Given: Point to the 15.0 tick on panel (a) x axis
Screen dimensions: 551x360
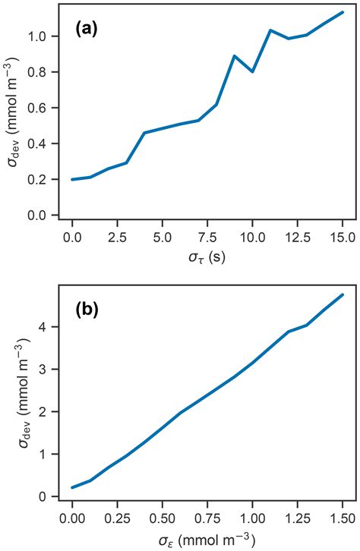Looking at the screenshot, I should click(343, 237).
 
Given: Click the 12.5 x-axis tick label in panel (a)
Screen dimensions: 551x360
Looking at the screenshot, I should click(297, 237).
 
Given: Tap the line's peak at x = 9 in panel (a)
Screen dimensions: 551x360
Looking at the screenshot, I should click(235, 56).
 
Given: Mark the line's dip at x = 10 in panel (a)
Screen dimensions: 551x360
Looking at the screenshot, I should click(253, 71).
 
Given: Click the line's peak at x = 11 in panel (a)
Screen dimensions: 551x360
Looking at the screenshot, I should click(270, 30).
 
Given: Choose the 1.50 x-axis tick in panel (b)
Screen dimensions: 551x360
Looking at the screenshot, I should click(343, 518).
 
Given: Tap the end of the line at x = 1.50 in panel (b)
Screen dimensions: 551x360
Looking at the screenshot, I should click(343, 294).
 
